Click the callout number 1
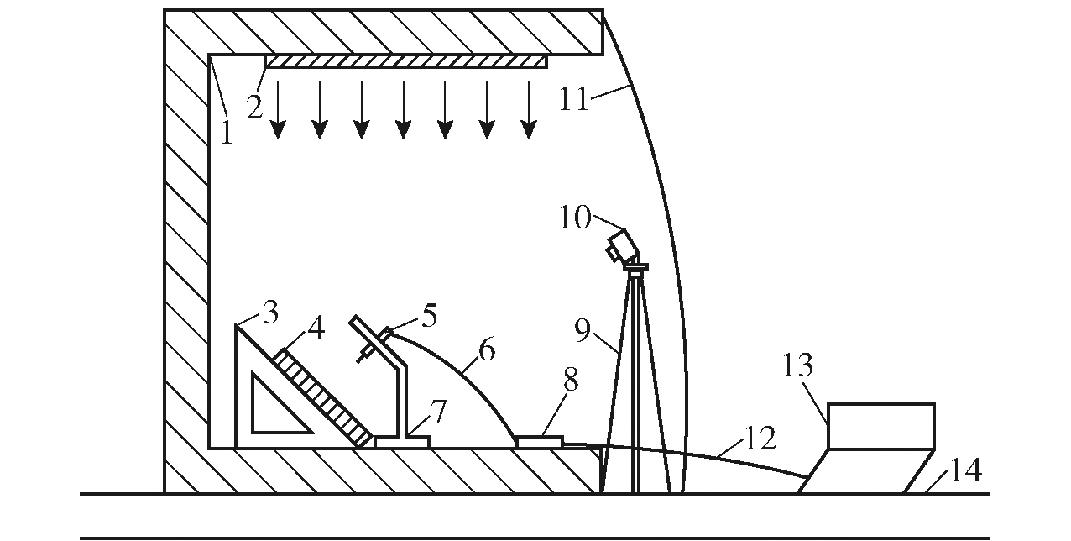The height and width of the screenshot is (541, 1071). coord(227,133)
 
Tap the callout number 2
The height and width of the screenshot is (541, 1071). coord(255,108)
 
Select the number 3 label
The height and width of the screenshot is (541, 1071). coord(271,313)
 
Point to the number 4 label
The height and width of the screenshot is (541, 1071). coord(316,327)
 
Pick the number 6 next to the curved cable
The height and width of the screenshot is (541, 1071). coord(487,349)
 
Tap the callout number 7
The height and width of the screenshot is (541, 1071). coord(438,412)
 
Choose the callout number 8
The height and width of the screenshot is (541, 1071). coord(571,380)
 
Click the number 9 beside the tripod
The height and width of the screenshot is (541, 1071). coord(583,330)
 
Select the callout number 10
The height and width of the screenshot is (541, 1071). coord(575,218)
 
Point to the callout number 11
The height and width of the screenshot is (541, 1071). coord(574,99)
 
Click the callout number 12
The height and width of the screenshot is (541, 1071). coord(760,438)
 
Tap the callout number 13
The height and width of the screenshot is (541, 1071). coord(797,365)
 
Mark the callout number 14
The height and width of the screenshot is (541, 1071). coord(966,470)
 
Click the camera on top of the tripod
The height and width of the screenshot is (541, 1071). coord(622,246)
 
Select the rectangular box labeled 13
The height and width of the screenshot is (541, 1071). coord(881,426)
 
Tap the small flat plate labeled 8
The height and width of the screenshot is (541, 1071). coord(541,441)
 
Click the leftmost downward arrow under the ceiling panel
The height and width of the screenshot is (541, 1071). coord(278,109)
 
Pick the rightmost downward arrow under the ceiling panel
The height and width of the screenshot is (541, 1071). coord(528,109)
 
